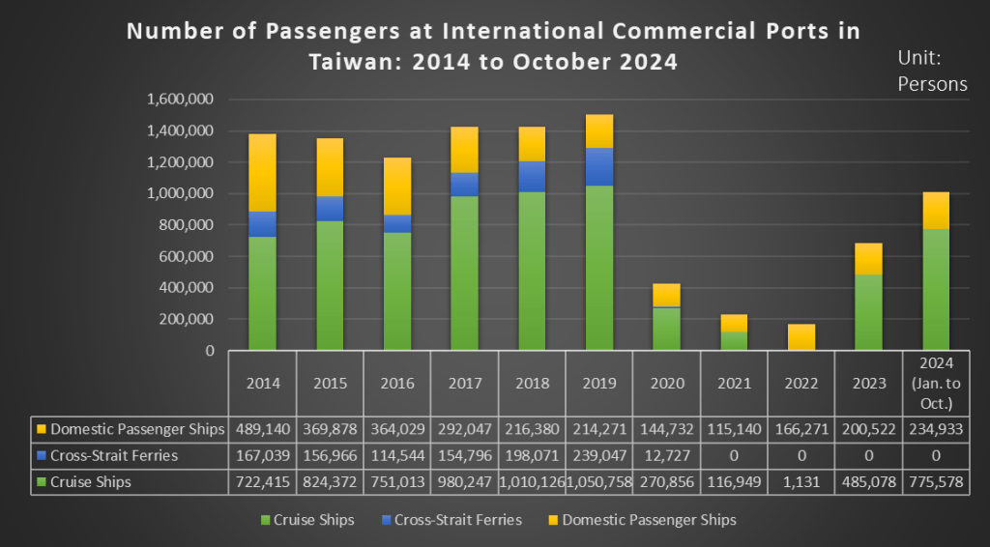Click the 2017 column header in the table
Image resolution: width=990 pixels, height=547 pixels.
465,384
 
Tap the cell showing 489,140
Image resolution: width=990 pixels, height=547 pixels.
262,428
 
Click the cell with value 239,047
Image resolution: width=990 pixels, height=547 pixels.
598,455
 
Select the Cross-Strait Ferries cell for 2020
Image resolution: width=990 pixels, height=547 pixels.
666,455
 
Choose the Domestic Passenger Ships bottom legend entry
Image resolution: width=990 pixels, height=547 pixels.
642,520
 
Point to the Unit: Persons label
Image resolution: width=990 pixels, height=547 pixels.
932,71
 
